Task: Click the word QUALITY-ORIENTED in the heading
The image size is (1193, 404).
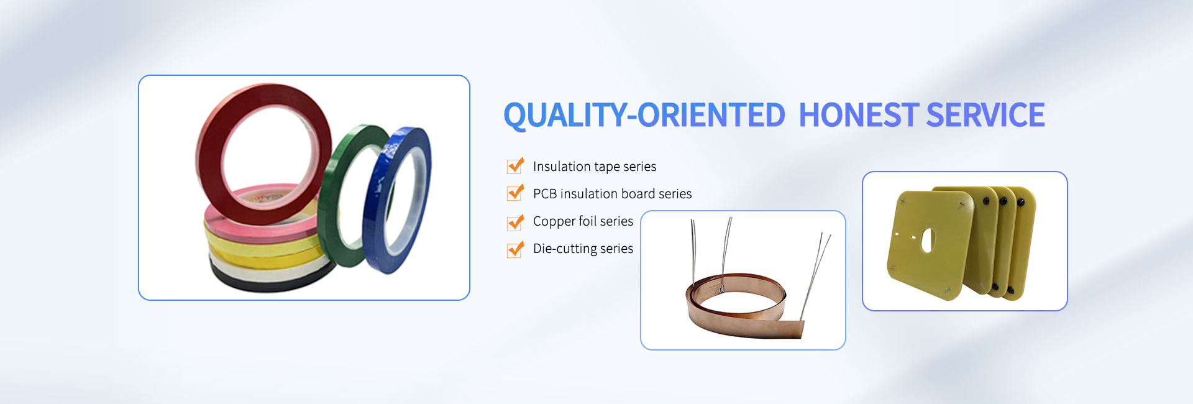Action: coord(644,116)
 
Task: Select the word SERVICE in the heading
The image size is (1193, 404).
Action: coord(985,116)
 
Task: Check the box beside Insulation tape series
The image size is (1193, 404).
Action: coord(515,165)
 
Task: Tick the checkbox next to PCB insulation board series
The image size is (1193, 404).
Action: coord(515,193)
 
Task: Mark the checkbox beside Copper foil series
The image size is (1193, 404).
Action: coord(515,221)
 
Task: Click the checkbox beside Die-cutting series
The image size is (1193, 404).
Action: coord(515,249)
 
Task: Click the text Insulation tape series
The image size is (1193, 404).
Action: coord(595,167)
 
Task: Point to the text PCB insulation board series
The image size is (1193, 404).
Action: coord(612,194)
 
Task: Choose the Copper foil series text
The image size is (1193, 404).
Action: coord(583,221)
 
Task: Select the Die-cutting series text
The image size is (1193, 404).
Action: coord(583,249)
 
